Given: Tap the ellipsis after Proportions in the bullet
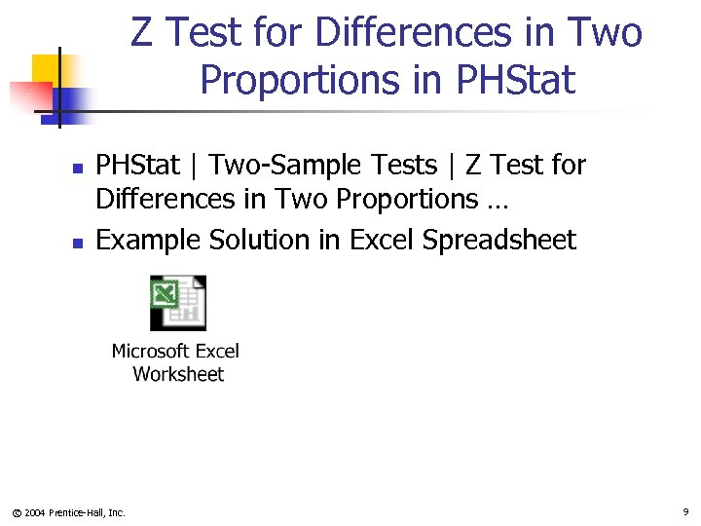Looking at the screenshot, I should pyautogui.click(x=494, y=201).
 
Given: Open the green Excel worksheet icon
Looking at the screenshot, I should pyautogui.click(x=177, y=303).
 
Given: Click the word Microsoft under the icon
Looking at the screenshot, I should pyautogui.click(x=150, y=351).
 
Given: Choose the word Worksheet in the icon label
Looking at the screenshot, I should pyautogui.click(x=178, y=374).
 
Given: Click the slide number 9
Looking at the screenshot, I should pyautogui.click(x=685, y=511).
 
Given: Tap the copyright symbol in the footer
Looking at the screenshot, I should pyautogui.click(x=15, y=512).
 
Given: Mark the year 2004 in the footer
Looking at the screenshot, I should pyautogui.click(x=34, y=512).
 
